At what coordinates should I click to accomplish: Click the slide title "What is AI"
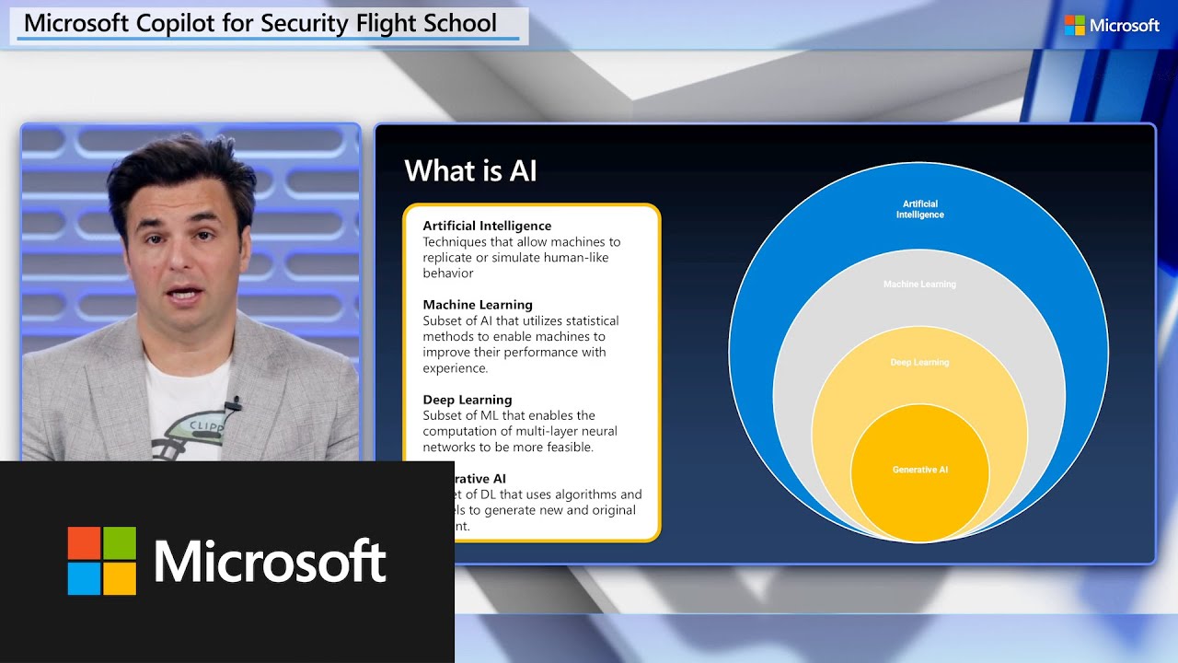[x=470, y=171]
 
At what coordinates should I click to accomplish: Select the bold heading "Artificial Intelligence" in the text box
[x=487, y=226]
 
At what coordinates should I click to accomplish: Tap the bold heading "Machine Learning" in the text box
[x=478, y=305]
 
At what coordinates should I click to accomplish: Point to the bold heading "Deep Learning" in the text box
[x=467, y=400]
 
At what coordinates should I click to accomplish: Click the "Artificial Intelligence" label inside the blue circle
[x=919, y=209]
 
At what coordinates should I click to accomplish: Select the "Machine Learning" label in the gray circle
[x=919, y=285]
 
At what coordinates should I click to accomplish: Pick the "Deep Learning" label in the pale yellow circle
[x=919, y=363]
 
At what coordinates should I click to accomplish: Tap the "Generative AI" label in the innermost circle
[x=919, y=470]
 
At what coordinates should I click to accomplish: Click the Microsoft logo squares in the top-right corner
[x=1074, y=26]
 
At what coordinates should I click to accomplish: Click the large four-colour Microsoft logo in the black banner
[x=101, y=561]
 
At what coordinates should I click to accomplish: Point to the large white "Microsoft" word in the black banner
[x=270, y=561]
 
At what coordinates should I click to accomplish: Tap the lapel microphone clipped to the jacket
[x=233, y=403]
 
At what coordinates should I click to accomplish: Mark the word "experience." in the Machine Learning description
[x=455, y=368]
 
